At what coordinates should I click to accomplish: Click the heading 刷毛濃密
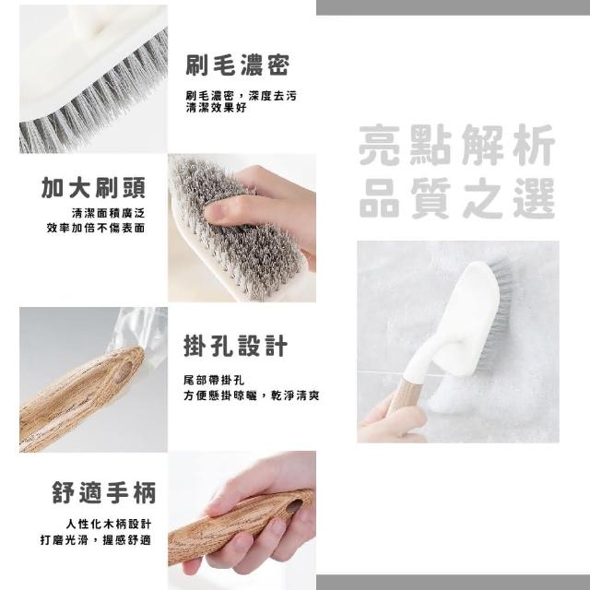click(x=238, y=65)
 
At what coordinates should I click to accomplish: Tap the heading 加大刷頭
click(x=93, y=187)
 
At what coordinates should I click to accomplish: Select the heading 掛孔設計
click(x=236, y=346)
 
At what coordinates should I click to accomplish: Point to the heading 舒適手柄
click(x=104, y=492)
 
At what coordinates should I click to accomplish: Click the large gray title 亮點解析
click(x=457, y=145)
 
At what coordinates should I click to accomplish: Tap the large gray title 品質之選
click(x=457, y=198)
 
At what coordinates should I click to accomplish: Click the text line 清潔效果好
click(x=216, y=108)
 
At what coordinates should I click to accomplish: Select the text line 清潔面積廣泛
click(x=109, y=213)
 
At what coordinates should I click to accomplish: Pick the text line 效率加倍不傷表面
click(x=96, y=228)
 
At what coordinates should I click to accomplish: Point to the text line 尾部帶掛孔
click(x=214, y=381)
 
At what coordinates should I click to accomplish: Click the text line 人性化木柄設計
click(x=109, y=524)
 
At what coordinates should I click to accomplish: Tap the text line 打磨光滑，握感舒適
click(x=96, y=540)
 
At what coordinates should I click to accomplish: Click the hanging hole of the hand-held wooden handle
click(x=295, y=506)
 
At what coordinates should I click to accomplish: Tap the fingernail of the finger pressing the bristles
click(x=215, y=212)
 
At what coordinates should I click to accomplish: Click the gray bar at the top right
click(x=453, y=7)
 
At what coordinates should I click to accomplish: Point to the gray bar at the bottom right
click(x=453, y=582)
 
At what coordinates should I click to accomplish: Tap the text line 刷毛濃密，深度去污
click(x=242, y=96)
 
